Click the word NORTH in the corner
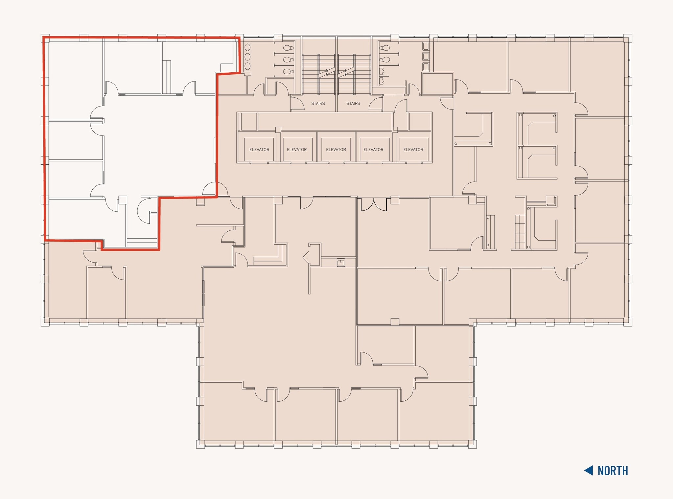click(613, 471)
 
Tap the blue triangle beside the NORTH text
click(589, 470)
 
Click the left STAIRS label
click(318, 104)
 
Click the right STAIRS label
click(353, 104)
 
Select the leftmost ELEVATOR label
click(259, 150)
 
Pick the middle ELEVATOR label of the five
click(336, 150)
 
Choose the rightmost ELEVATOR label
click(413, 150)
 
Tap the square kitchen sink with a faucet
click(341, 262)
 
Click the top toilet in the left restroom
click(288, 48)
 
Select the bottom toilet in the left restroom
click(288, 71)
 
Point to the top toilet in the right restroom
click(385, 48)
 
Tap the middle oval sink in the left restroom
click(247, 57)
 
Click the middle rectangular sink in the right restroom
click(426, 56)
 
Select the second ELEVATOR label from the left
click(297, 150)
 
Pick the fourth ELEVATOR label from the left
click(373, 150)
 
